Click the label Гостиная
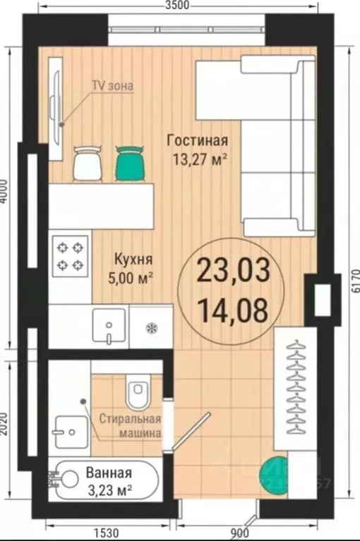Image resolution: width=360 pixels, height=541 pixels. click(197, 140)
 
